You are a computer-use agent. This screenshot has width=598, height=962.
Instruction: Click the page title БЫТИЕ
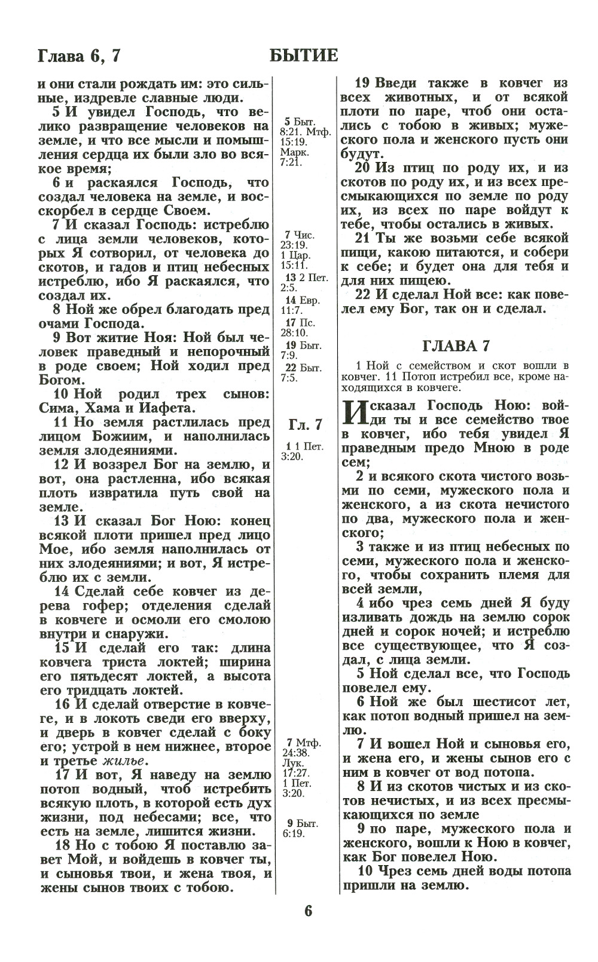click(304, 56)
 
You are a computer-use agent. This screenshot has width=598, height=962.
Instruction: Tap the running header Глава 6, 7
click(79, 56)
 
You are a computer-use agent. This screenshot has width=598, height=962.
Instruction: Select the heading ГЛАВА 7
click(456, 346)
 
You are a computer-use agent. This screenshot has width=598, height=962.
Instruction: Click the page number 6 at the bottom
click(308, 911)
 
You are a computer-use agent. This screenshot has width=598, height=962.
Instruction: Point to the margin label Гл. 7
click(305, 424)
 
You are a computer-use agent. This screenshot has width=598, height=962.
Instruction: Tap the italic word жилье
click(125, 761)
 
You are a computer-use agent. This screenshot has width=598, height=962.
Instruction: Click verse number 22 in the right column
click(363, 295)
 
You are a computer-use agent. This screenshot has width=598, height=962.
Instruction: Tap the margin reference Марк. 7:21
click(294, 157)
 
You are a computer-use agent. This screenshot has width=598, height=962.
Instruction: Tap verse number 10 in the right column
click(365, 871)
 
